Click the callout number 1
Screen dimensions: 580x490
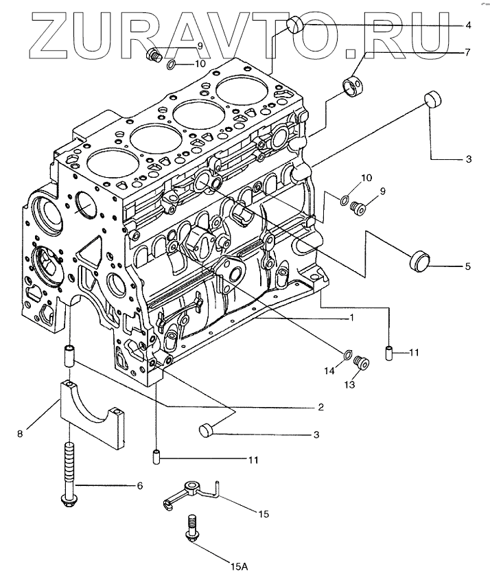[351, 318]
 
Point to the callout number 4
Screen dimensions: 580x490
[468, 25]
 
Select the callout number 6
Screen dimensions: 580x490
[140, 486]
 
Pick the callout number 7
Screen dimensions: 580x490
[468, 52]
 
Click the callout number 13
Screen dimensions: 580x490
[351, 386]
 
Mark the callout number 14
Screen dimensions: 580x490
[329, 371]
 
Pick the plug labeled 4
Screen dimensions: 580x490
[296, 25]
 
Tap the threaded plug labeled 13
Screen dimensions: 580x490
[364, 361]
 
